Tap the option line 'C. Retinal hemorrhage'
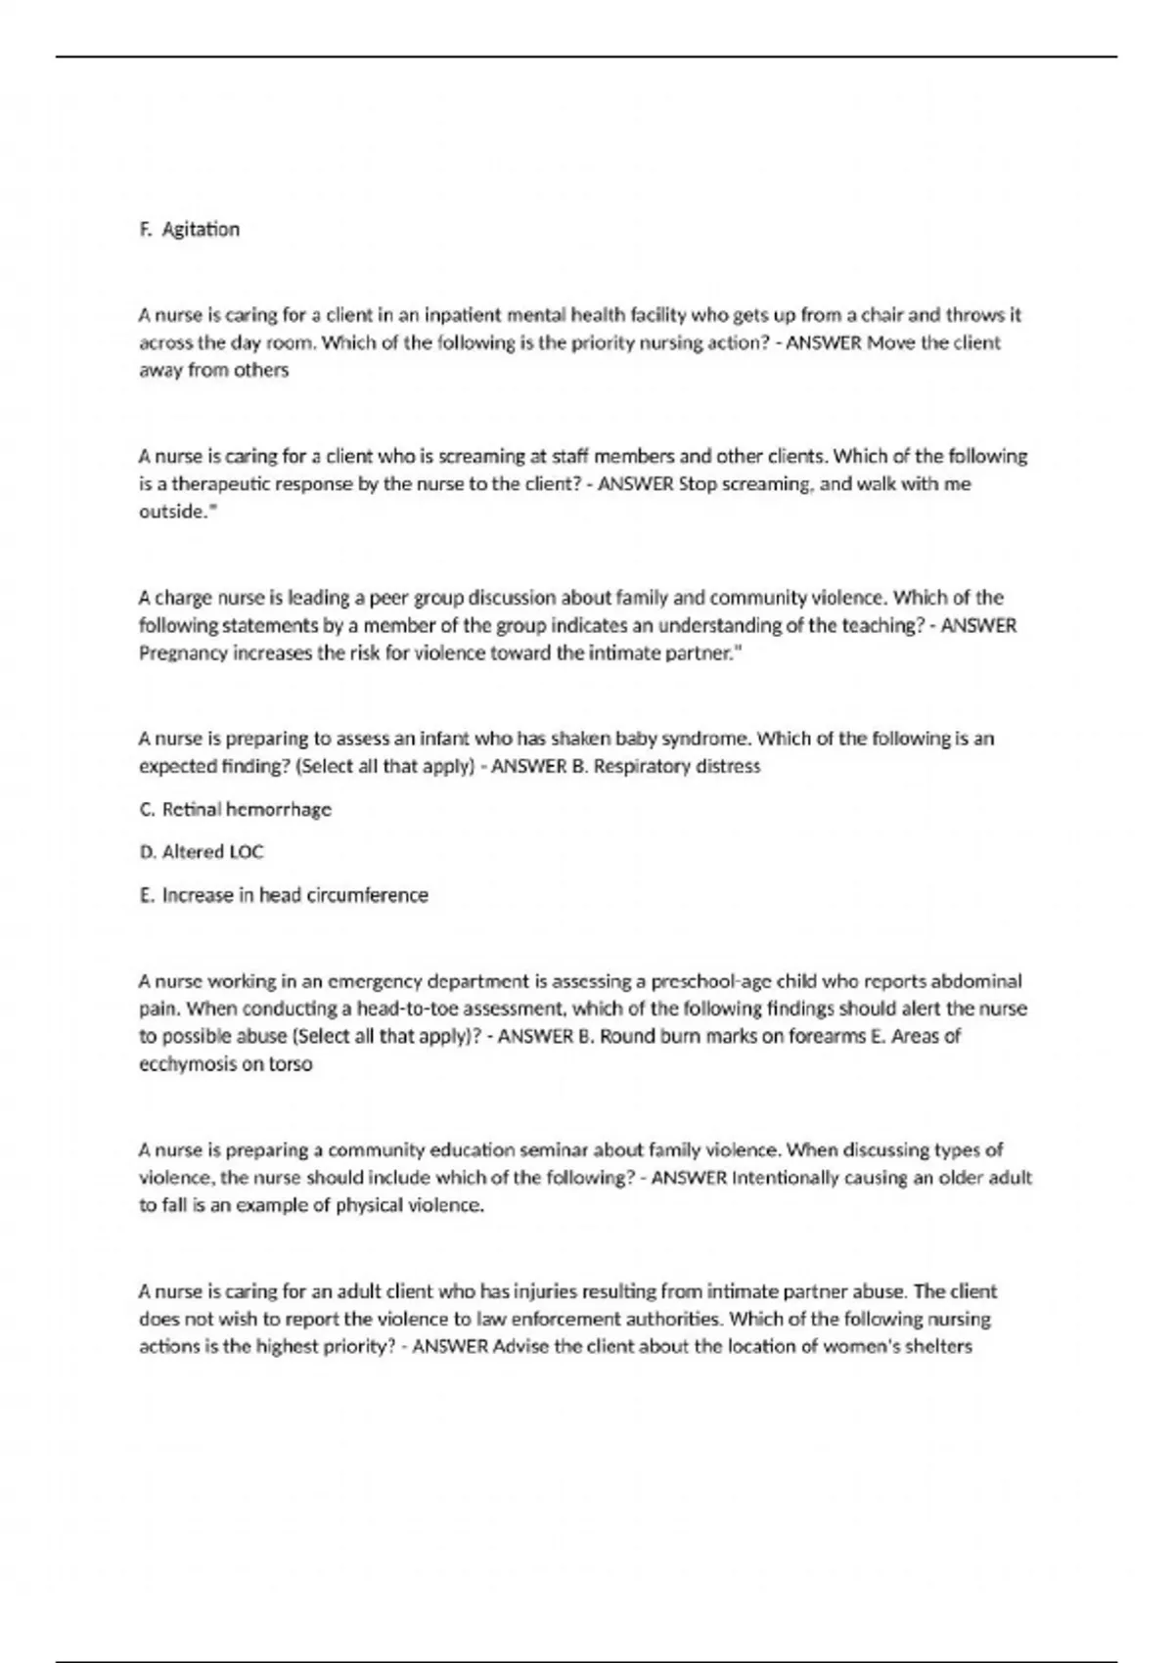click(236, 809)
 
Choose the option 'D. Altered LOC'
click(202, 852)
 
